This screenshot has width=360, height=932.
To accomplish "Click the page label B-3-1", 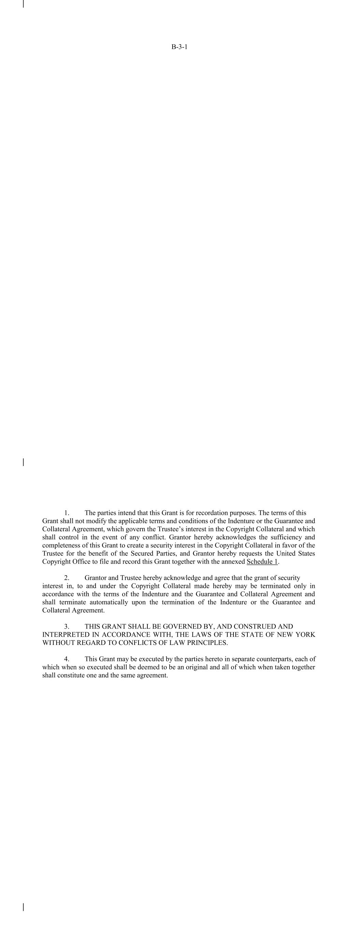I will (x=179, y=47).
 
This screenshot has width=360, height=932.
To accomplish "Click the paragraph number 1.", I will (x=67, y=513).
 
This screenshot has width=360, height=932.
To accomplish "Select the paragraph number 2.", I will (x=67, y=578).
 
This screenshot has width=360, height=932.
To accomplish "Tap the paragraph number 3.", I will (x=67, y=626).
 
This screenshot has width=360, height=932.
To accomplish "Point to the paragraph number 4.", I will (x=67, y=659).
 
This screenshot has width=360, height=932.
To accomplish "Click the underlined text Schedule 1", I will (x=262, y=562).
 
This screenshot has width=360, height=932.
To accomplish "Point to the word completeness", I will (x=60, y=545).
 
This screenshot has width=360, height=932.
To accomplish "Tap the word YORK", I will (x=306, y=635).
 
